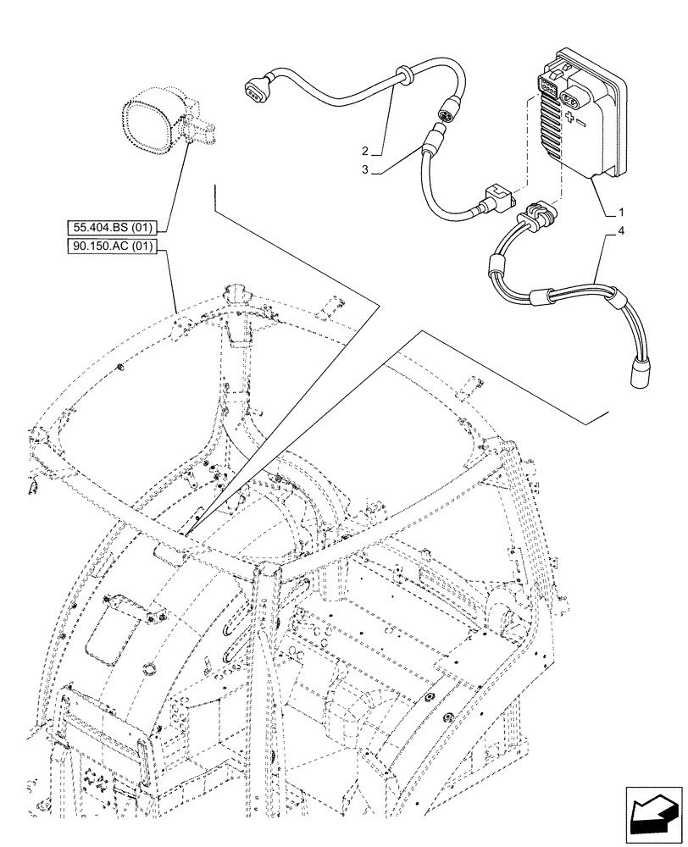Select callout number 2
click(x=364, y=151)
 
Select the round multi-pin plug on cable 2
click(x=446, y=111)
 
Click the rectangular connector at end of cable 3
click(x=492, y=201)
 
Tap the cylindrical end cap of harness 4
click(x=641, y=373)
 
